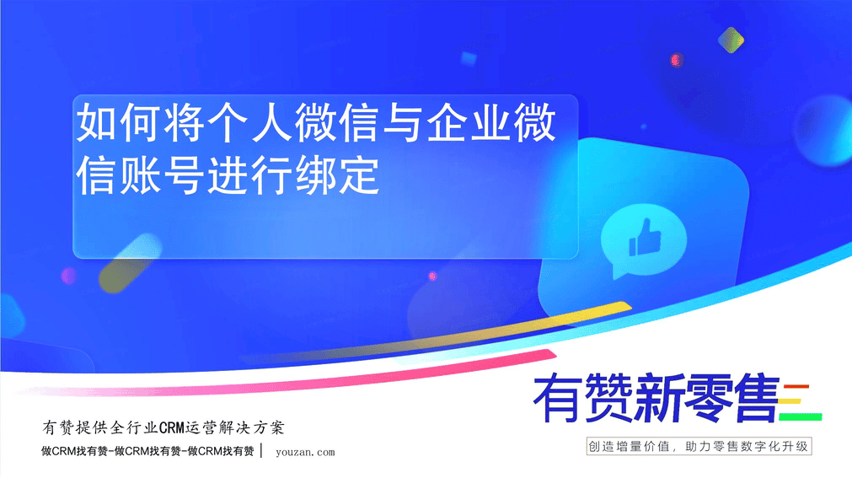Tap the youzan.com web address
point(305,452)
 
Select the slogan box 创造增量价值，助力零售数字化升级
point(699,447)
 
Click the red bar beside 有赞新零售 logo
point(796,387)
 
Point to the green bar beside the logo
point(801,417)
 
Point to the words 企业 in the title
point(469,123)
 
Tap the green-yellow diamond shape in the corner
point(731,40)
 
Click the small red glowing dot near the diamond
point(676,60)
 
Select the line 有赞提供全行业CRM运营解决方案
point(163,428)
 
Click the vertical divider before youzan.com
point(262,451)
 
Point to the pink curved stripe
point(288,381)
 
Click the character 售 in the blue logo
point(756,398)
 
